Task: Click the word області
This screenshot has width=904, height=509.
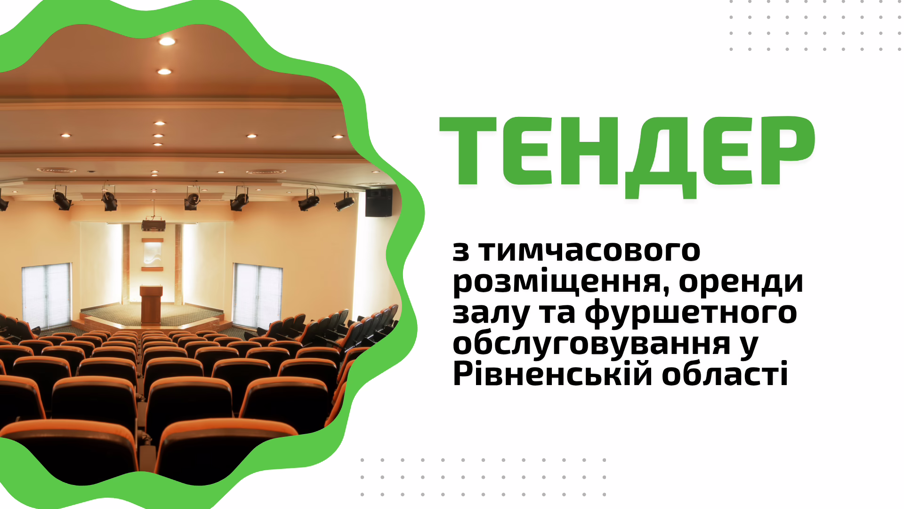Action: [x=725, y=374]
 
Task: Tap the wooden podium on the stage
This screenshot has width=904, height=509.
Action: [x=151, y=304]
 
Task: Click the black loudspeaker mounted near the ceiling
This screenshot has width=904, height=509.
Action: [x=379, y=202]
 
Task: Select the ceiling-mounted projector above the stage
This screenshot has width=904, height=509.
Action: [x=153, y=225]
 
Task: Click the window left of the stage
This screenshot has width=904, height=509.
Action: [x=47, y=296]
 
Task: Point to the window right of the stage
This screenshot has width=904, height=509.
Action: [x=257, y=296]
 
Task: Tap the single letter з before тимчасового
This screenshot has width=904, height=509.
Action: [x=461, y=252]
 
